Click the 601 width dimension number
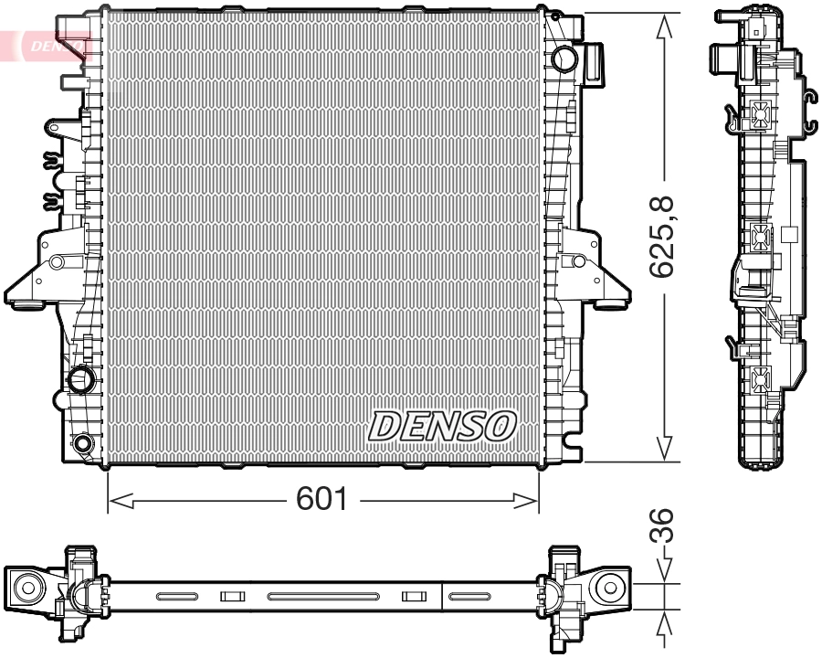(322, 500)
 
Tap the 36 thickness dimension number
(666, 527)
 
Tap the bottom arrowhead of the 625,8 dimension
(666, 448)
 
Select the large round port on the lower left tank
(81, 378)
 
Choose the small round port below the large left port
(83, 444)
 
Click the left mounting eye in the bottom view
(26, 587)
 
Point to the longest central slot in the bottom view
(322, 597)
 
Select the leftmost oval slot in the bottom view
(176, 597)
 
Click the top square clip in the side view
(760, 113)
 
